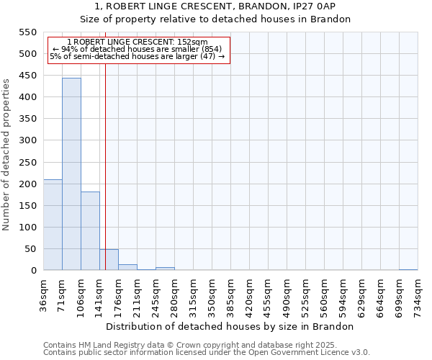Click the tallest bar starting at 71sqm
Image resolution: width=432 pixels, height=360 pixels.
(x=71, y=174)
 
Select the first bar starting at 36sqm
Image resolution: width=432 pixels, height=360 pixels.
(x=53, y=225)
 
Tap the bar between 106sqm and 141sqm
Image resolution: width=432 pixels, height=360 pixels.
(x=90, y=231)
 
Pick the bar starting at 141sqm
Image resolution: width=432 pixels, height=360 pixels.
(x=109, y=260)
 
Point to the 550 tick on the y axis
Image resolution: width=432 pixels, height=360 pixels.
(x=27, y=32)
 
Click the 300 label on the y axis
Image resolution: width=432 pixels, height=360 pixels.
(x=27, y=140)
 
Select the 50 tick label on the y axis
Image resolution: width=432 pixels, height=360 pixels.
(x=30, y=249)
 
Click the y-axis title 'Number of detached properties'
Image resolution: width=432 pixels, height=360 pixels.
(x=6, y=154)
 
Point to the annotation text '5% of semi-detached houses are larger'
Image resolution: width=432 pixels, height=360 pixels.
(x=138, y=56)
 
